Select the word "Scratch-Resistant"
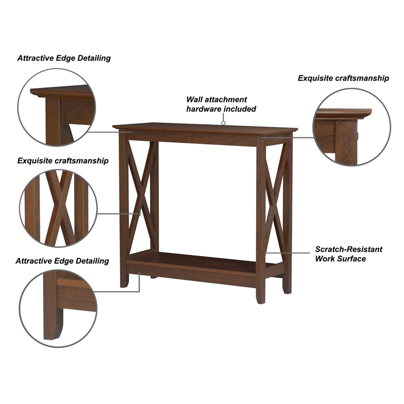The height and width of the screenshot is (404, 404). pyautogui.click(x=348, y=249)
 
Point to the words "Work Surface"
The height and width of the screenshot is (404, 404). pyautogui.click(x=340, y=259)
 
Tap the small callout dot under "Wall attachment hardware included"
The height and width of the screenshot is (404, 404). pyautogui.click(x=223, y=122)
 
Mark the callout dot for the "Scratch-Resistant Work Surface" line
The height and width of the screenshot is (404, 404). pyautogui.click(x=262, y=252)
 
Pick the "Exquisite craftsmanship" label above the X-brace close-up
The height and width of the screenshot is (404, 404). pyautogui.click(x=63, y=161)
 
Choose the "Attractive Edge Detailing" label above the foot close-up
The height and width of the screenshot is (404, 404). pyautogui.click(x=62, y=261)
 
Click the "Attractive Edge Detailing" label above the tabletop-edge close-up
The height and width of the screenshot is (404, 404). pyautogui.click(x=64, y=58)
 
